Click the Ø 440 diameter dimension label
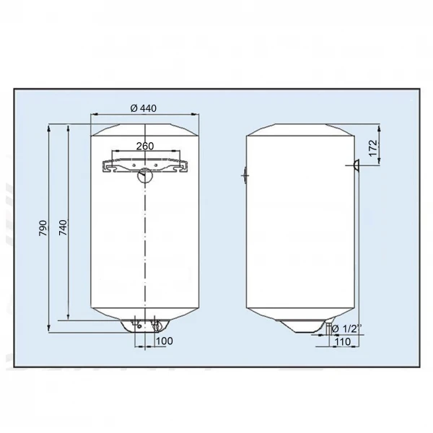point(144,108)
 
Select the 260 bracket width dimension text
point(144,146)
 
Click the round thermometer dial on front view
point(145,174)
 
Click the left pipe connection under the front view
point(136,324)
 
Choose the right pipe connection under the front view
point(154,324)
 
